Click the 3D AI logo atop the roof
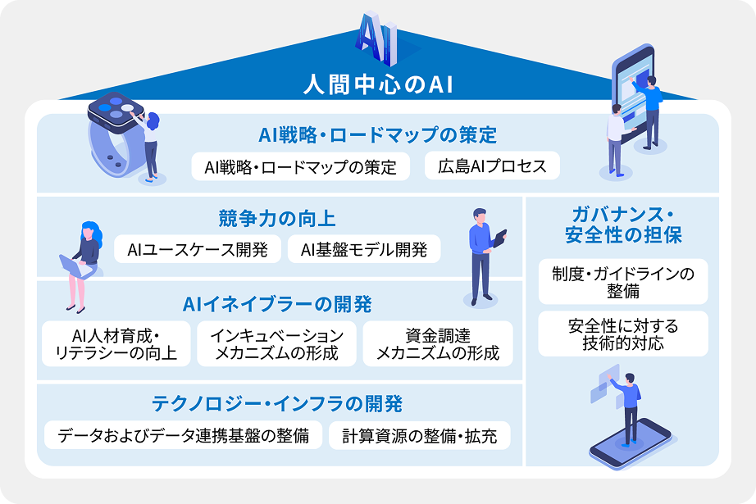coord(377,39)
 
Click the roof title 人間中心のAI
coord(379,84)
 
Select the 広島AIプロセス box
coord(492,166)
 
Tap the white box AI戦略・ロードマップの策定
coord(300,166)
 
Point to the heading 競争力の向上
coord(277,219)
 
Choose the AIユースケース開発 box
coord(198,249)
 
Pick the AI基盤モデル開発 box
coord(364,249)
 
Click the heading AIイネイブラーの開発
coord(277,305)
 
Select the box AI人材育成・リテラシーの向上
coord(116,344)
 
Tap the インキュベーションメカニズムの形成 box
coord(277,344)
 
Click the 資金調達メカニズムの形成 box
coord(438,344)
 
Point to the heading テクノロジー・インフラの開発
coord(277,404)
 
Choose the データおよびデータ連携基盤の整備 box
coord(183,435)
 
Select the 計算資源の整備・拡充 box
coord(420,435)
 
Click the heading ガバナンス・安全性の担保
coord(623,225)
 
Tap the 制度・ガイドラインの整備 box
coord(623,282)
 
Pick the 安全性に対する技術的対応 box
coord(623,334)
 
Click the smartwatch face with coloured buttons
coord(116,111)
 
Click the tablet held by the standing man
coord(499,238)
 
